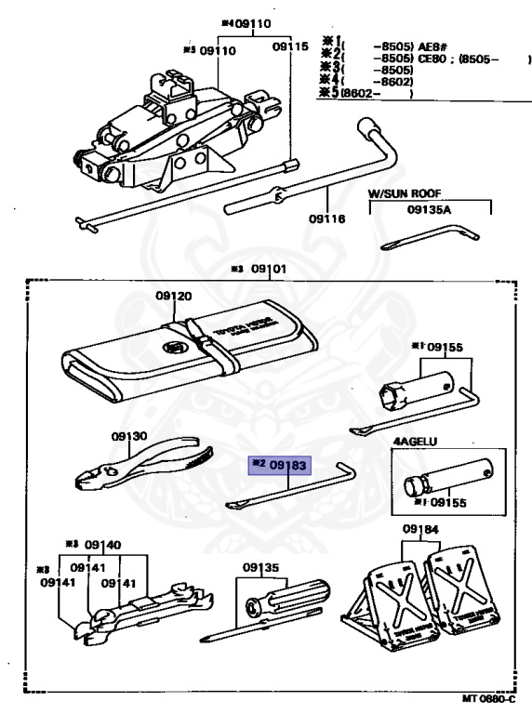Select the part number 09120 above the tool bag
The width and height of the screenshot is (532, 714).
tap(174, 297)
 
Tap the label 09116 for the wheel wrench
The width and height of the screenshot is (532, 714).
tap(326, 219)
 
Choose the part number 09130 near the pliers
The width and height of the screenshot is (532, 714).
tap(129, 435)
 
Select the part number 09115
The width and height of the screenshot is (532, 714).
tap(290, 46)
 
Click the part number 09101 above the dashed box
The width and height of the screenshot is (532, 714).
tap(269, 270)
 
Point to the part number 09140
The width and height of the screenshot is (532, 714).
tap(102, 545)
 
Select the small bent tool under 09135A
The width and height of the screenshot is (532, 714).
tap(432, 237)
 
